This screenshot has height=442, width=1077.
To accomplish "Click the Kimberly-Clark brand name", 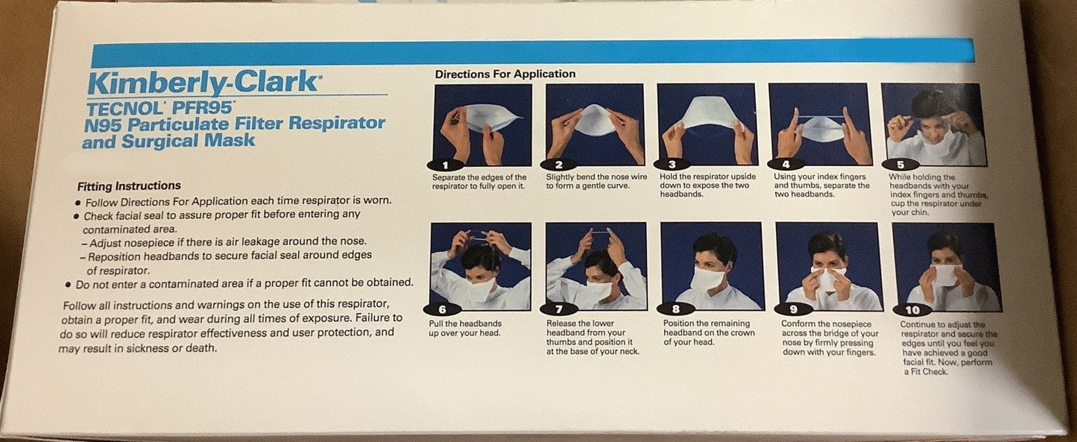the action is (203, 83).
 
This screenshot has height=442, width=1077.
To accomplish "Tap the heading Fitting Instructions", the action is (129, 186).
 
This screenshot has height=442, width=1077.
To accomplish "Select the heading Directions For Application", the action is (505, 74).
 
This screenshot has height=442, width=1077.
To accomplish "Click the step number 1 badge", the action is (445, 165).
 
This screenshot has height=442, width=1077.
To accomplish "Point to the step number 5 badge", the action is (900, 165).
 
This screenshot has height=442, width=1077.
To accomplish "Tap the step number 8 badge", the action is (675, 309).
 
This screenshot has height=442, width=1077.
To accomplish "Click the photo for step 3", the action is (707, 124).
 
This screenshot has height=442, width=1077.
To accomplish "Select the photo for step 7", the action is (596, 266).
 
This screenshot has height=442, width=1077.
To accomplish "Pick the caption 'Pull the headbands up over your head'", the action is (465, 328).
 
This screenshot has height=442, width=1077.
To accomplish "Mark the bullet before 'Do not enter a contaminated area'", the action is (68, 285).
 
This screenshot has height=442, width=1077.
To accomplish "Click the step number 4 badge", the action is (786, 165).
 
